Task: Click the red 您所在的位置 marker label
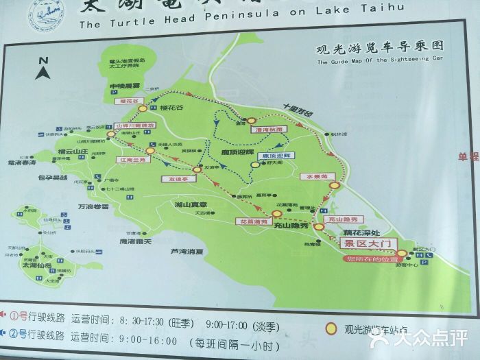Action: click(x=372, y=259)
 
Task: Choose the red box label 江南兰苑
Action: click(x=131, y=159)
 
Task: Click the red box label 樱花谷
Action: click(x=133, y=101)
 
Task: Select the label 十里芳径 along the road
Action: click(x=298, y=112)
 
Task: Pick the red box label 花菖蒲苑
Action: click(x=252, y=221)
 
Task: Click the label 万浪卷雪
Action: click(x=93, y=206)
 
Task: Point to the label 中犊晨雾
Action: click(x=124, y=86)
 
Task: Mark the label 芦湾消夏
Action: click(x=187, y=252)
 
